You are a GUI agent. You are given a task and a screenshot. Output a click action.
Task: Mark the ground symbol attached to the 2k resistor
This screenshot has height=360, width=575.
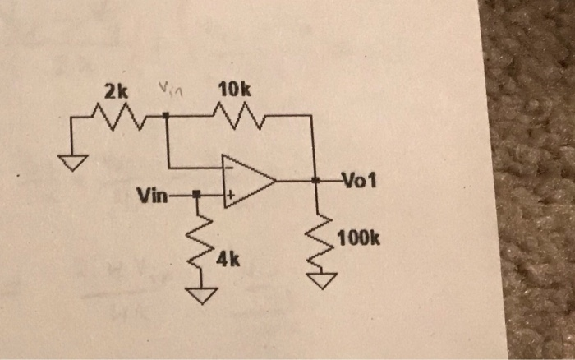pos(74,163)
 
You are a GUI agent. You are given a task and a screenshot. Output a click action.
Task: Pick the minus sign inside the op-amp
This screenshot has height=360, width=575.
pos(231,167)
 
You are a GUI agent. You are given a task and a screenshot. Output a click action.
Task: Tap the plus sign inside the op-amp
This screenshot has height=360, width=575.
pos(232,196)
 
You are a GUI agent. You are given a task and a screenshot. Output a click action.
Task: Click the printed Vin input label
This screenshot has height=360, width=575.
pos(152,196)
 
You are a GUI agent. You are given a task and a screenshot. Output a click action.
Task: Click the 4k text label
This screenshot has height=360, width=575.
pos(228,261)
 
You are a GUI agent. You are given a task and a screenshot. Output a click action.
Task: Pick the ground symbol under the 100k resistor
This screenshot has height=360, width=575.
pos(324,282)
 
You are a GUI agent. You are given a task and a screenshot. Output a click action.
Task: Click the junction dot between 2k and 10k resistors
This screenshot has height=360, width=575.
pos(167,117)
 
